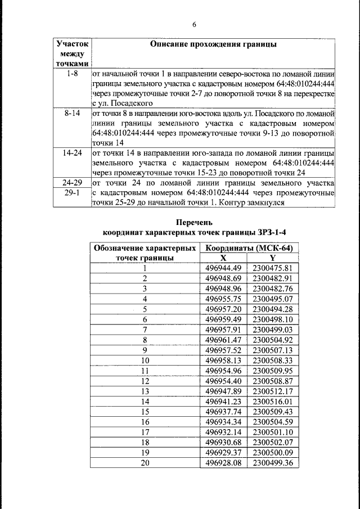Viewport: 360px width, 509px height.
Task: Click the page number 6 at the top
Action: pos(194,24)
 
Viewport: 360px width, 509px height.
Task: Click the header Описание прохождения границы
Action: pos(213,44)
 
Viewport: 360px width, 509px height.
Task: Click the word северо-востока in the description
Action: pos(237,74)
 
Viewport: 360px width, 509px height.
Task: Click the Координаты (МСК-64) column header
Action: pos(250,248)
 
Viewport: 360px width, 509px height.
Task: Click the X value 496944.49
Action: pos(223,268)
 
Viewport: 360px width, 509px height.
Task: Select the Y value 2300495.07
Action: pos(273,298)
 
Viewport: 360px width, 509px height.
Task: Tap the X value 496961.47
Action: pos(223,340)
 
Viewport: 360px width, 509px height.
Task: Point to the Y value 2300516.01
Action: pos(273,402)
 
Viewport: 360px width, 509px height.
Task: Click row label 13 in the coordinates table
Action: pos(145,391)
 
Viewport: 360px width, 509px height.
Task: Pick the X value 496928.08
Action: pos(223,463)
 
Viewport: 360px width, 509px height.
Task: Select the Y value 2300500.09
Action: pos(273,453)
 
